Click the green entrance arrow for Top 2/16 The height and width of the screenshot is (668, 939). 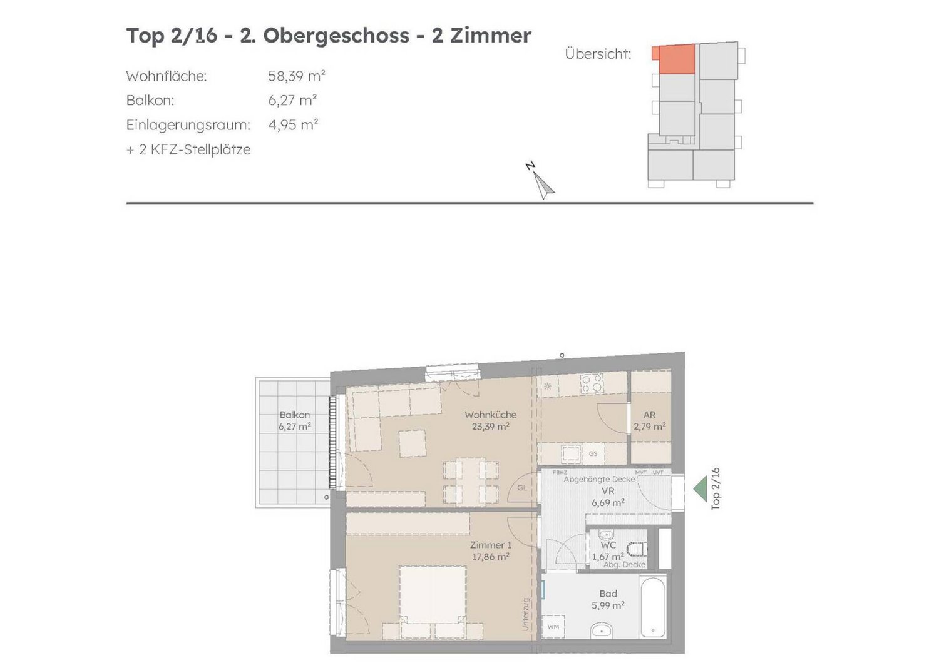tap(700, 489)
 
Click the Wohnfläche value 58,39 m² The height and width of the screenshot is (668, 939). tap(296, 76)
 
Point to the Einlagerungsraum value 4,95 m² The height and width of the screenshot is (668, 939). tap(293, 125)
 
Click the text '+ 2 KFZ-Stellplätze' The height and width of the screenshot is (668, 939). tap(188, 149)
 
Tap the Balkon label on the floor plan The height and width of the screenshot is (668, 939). tap(295, 415)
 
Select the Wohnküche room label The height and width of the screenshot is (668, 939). tap(490, 415)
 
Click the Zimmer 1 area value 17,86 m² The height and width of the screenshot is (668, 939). tap(490, 557)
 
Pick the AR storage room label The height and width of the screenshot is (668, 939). tap(649, 415)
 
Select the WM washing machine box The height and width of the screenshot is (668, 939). tap(553, 627)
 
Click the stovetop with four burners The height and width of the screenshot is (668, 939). tap(592, 384)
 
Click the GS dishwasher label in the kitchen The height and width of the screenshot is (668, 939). tap(593, 454)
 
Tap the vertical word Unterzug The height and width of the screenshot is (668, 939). tap(526, 620)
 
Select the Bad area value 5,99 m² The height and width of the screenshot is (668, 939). tap(608, 605)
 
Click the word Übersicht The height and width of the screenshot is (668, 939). tap(598, 54)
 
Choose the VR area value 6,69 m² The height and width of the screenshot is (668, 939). tap(608, 502)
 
